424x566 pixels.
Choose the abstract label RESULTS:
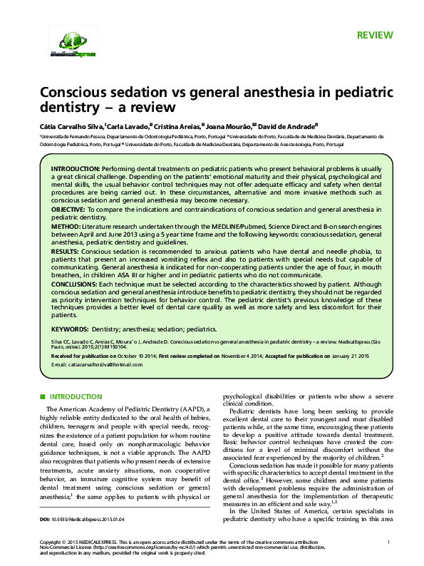click(66, 251)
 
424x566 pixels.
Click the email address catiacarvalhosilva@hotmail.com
click(98, 364)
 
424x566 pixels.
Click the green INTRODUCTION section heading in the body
click(76, 396)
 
